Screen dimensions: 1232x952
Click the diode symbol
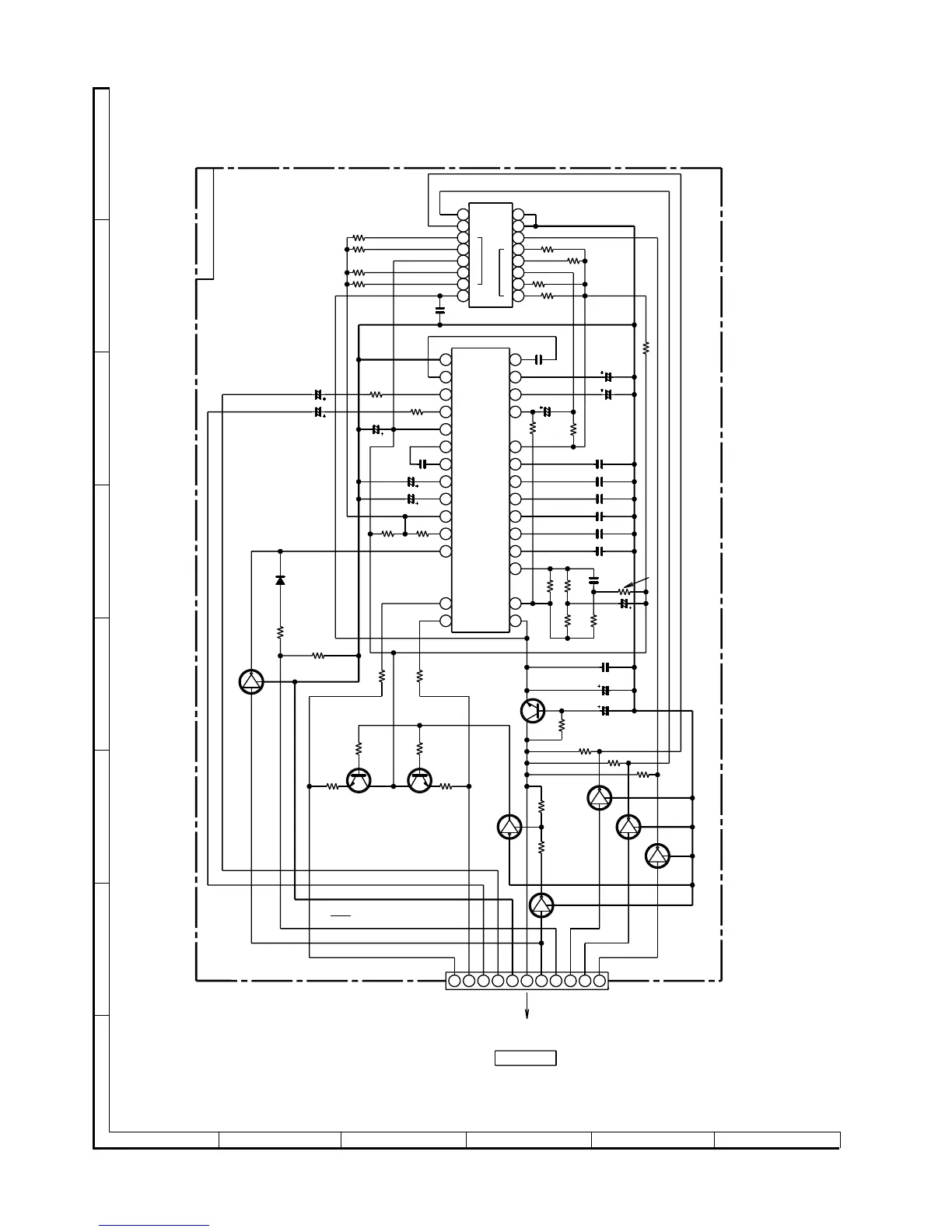(280, 580)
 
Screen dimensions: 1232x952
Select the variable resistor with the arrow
(623, 592)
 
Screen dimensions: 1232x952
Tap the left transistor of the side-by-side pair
(359, 780)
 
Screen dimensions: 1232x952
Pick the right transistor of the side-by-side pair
(419, 780)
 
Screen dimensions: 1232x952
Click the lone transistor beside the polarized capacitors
(532, 710)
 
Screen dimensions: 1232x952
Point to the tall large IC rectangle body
(481, 490)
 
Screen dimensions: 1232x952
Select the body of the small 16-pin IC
(491, 255)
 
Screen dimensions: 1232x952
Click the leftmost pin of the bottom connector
(454, 981)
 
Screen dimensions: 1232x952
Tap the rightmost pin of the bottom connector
(599, 981)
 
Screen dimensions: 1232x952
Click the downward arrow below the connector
(527, 1007)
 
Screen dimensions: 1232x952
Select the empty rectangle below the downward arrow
(526, 1058)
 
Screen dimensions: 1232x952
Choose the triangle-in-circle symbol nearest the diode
(251, 682)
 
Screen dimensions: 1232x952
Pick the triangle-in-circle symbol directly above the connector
(541, 905)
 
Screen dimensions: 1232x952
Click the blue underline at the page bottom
(154, 1226)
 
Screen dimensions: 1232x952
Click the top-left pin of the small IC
(463, 214)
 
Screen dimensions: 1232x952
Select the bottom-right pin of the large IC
(515, 621)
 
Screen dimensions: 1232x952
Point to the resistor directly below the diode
(280, 632)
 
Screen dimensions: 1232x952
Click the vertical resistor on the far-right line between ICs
(646, 348)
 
